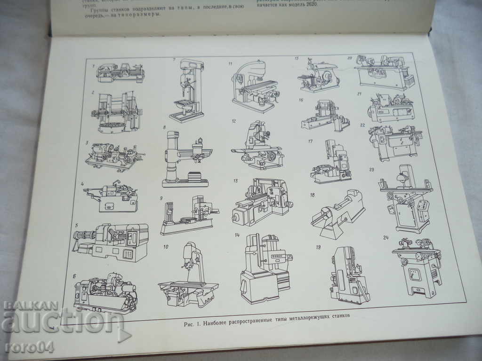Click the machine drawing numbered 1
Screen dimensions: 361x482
(120, 72)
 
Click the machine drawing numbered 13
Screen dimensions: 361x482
(262, 202)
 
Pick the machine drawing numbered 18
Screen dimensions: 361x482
(337, 214)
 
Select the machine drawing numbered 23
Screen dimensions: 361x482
(405, 197)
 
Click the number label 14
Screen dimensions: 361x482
(237, 235)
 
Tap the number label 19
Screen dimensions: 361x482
(319, 247)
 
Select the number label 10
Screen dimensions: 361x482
(166, 246)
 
